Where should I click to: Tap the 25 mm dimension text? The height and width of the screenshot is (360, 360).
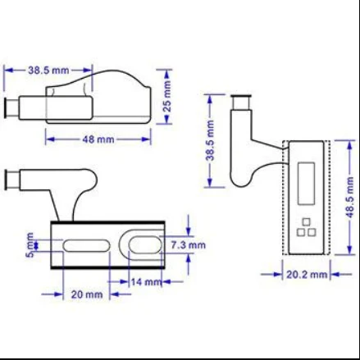pyautogui.click(x=166, y=96)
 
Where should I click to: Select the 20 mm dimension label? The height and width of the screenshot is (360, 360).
pyautogui.click(x=87, y=294)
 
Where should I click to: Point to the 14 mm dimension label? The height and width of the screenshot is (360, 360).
pyautogui.click(x=146, y=281)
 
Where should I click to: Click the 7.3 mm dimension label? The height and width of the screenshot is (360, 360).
pyautogui.click(x=189, y=245)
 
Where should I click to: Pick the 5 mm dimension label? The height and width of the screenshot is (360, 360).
pyautogui.click(x=30, y=245)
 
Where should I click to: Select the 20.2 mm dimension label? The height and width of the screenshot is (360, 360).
pyautogui.click(x=307, y=274)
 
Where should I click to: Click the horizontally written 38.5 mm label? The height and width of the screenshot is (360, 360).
pyautogui.click(x=48, y=71)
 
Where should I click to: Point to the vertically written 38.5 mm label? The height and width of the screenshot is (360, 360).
pyautogui.click(x=212, y=140)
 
